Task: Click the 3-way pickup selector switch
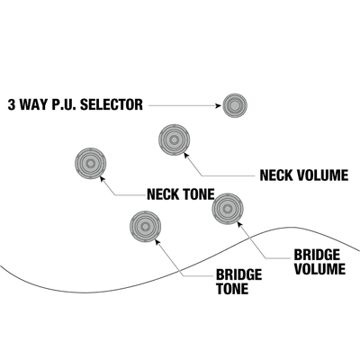[235, 105]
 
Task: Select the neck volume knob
[174, 139]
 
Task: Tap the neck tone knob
[90, 164]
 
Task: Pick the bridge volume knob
[228, 209]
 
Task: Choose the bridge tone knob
[146, 227]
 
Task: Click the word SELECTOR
[112, 104]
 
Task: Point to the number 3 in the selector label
[11, 104]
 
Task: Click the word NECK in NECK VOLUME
[276, 175]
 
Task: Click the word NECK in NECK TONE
[163, 194]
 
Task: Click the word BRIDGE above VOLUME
[317, 255]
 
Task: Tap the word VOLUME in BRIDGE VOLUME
[319, 269]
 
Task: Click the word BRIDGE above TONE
[239, 274]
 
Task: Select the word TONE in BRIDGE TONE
[232, 289]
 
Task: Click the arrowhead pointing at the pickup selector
[219, 105]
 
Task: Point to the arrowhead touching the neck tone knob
[102, 178]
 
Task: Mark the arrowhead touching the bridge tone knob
[157, 241]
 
